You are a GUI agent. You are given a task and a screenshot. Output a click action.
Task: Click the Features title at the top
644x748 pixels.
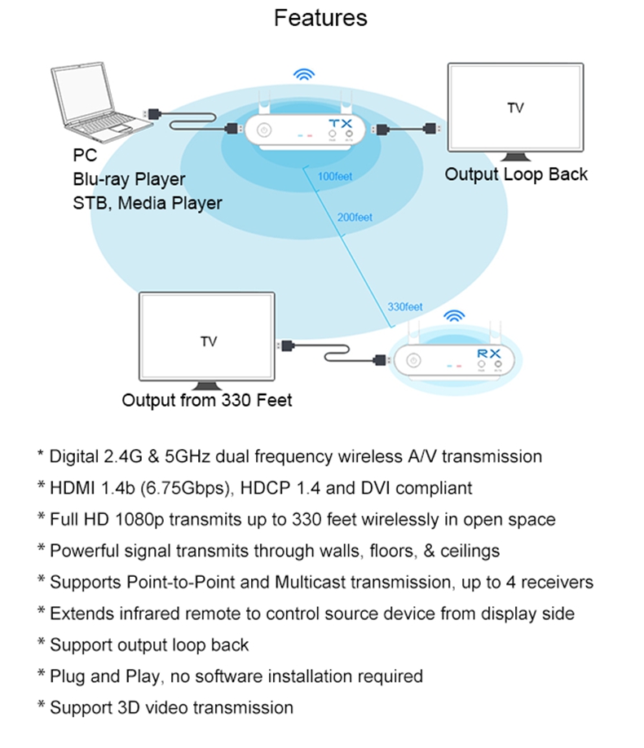320,18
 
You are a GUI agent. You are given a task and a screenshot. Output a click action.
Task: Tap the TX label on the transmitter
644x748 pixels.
340,123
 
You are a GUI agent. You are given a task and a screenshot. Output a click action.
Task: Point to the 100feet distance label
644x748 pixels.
335,176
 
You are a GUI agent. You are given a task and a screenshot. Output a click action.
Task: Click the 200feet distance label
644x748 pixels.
354,217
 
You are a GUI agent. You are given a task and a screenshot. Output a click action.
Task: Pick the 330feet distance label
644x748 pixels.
404,307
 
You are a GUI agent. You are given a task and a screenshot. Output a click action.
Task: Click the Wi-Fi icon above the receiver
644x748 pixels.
453,316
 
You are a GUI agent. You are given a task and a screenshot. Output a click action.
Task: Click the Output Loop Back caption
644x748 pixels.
516,174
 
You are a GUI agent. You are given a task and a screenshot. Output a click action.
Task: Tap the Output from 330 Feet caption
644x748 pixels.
206,400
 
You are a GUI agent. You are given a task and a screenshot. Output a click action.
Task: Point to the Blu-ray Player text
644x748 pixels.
129,178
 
